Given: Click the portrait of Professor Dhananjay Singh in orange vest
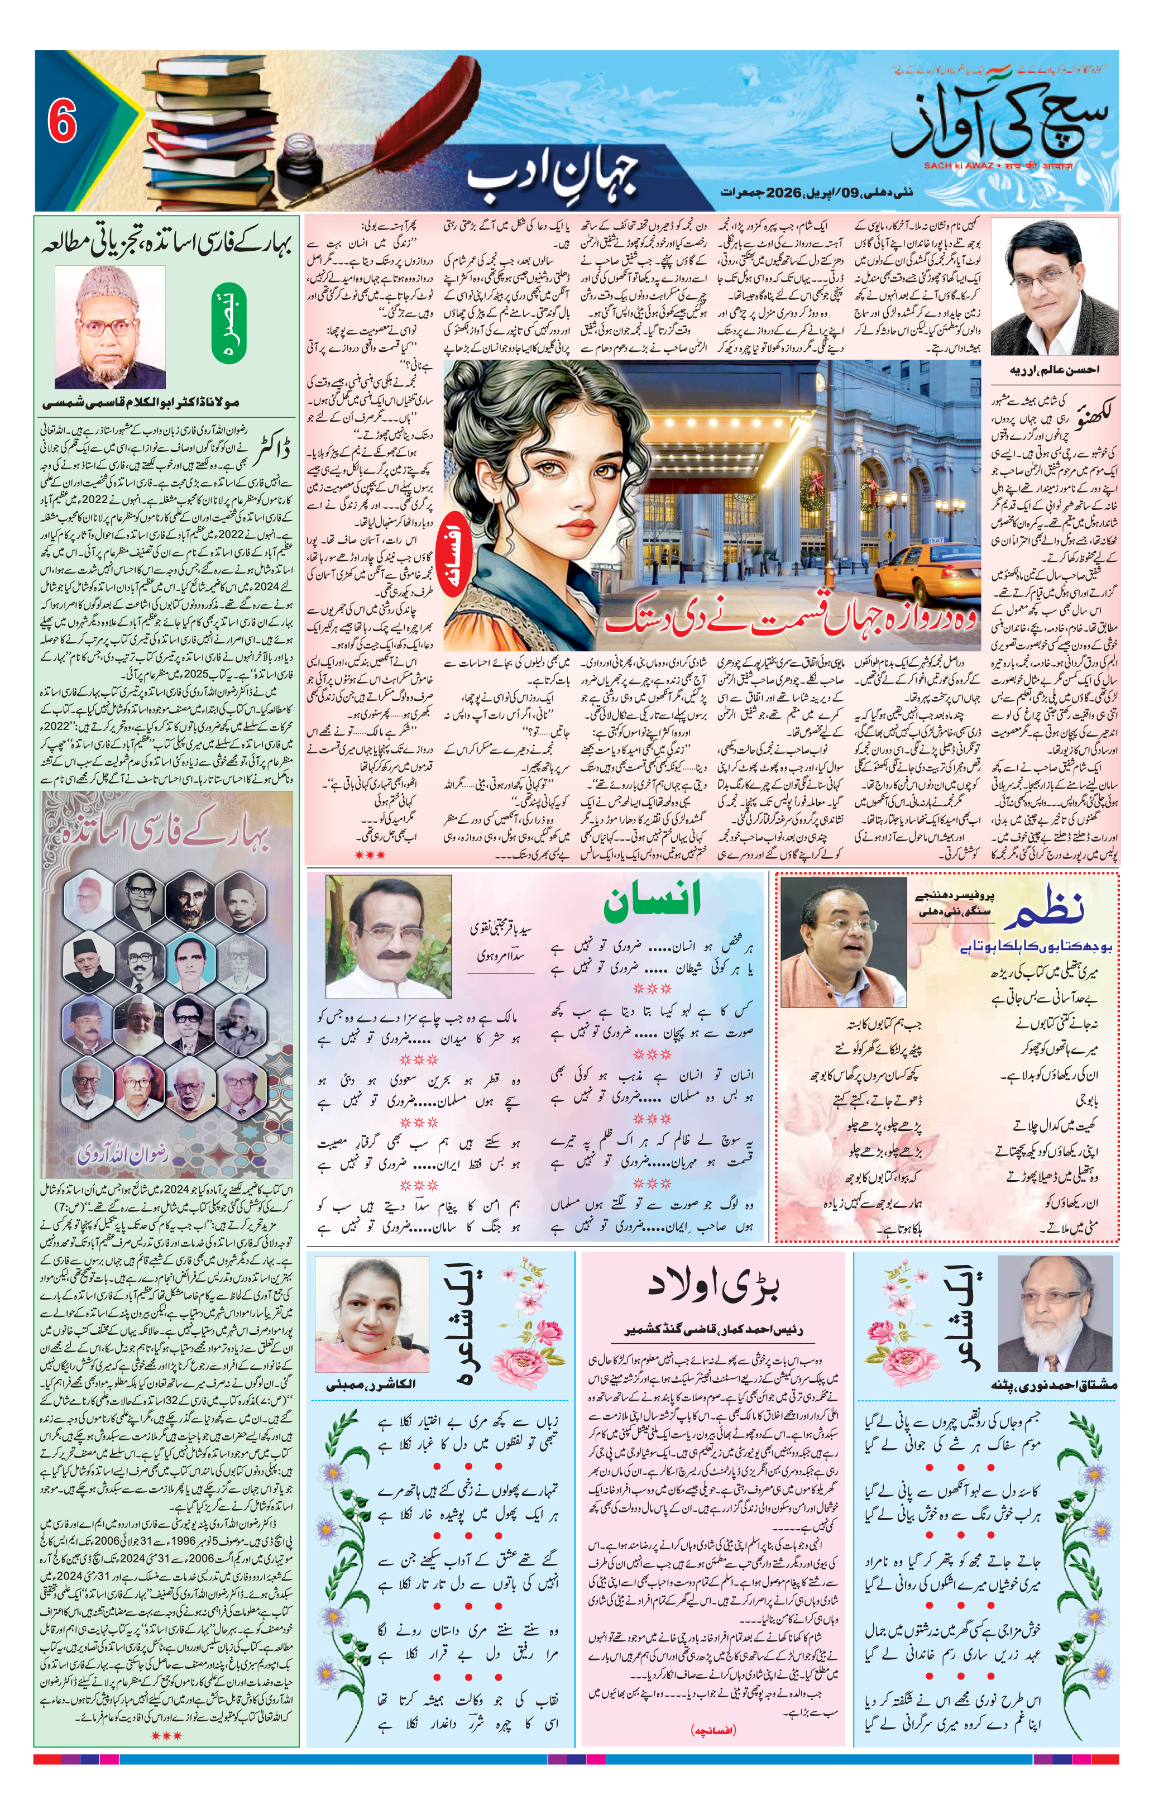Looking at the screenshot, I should click(x=843, y=942).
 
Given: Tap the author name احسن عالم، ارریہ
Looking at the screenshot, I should click(x=1053, y=370).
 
